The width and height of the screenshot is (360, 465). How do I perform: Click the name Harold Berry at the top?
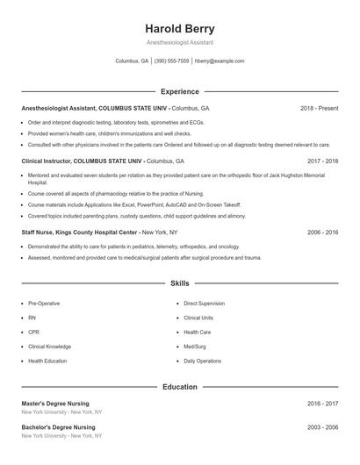(179, 28)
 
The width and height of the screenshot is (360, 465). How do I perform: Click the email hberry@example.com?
(220, 61)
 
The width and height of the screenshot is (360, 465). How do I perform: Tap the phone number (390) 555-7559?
(171, 61)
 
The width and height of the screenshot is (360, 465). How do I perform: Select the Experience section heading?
(179, 91)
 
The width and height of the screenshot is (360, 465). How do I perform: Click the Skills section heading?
(179, 284)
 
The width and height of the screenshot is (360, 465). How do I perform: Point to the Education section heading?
(179, 386)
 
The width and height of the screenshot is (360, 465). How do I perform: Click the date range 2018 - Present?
(319, 108)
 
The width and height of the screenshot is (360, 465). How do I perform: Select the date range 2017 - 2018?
(323, 161)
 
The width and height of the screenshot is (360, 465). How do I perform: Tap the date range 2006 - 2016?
(323, 232)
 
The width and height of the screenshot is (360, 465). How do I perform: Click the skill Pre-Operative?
(44, 303)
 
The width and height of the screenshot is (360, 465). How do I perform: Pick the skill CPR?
(32, 332)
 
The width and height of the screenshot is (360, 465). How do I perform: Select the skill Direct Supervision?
(204, 303)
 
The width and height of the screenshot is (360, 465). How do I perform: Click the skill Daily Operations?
(202, 361)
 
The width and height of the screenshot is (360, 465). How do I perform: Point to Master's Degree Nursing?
(58, 403)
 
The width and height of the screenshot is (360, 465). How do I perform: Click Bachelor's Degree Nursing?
(60, 426)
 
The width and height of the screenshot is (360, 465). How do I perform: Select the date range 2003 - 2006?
(323, 426)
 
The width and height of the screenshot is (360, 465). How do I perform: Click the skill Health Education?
(47, 361)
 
